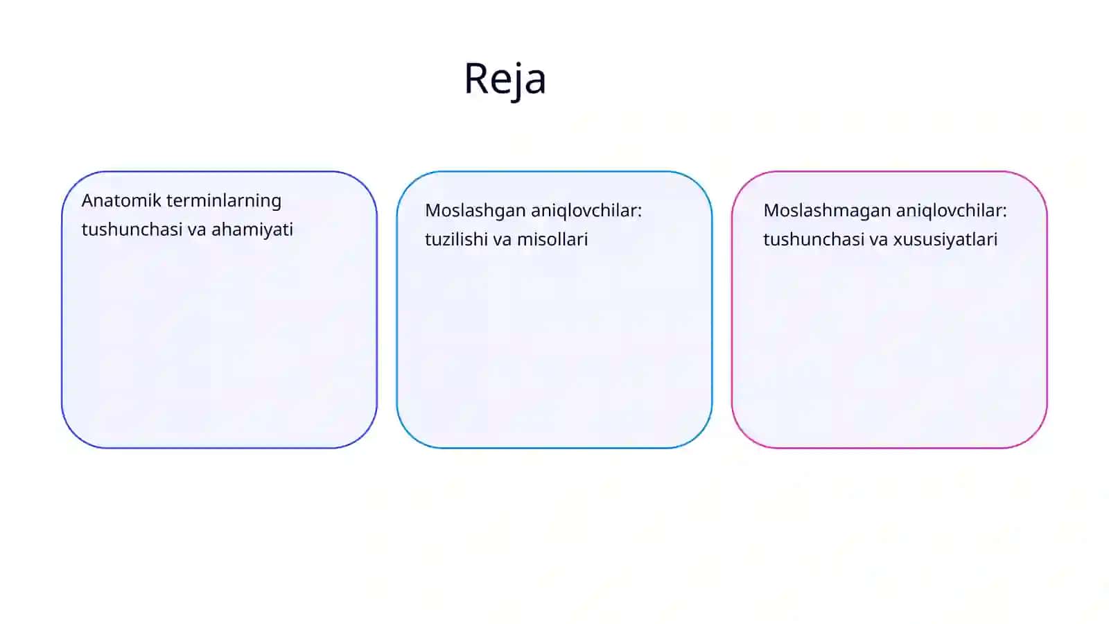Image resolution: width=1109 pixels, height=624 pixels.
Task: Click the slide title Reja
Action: (505, 79)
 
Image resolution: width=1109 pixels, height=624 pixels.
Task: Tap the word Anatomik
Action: (121, 200)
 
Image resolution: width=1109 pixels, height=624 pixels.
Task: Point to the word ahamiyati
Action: (252, 230)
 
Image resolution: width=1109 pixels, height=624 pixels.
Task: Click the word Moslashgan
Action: (475, 211)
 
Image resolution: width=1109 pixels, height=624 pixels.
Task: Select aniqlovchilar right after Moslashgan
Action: (586, 211)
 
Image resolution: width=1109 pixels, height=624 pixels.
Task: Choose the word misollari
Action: (552, 240)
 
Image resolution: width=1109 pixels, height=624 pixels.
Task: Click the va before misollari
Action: (503, 241)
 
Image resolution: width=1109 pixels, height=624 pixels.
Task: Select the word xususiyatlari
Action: (945, 240)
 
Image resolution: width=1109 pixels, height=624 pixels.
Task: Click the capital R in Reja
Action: (476, 78)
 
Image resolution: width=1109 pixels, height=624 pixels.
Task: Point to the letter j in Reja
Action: (517, 83)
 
